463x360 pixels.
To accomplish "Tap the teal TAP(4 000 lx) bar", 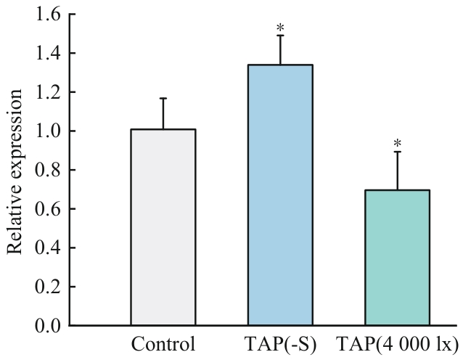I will point(397,257).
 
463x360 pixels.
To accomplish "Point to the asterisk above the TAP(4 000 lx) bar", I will point(397,138).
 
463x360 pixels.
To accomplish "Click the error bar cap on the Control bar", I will point(163,98).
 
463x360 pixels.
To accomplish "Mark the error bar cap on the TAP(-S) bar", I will point(280,35).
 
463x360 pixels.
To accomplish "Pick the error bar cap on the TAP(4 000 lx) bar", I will point(397,151).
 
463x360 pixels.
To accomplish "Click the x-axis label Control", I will point(163,343).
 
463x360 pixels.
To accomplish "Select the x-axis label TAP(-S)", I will point(280,343).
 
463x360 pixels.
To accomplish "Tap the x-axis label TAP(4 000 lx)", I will point(397,343).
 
